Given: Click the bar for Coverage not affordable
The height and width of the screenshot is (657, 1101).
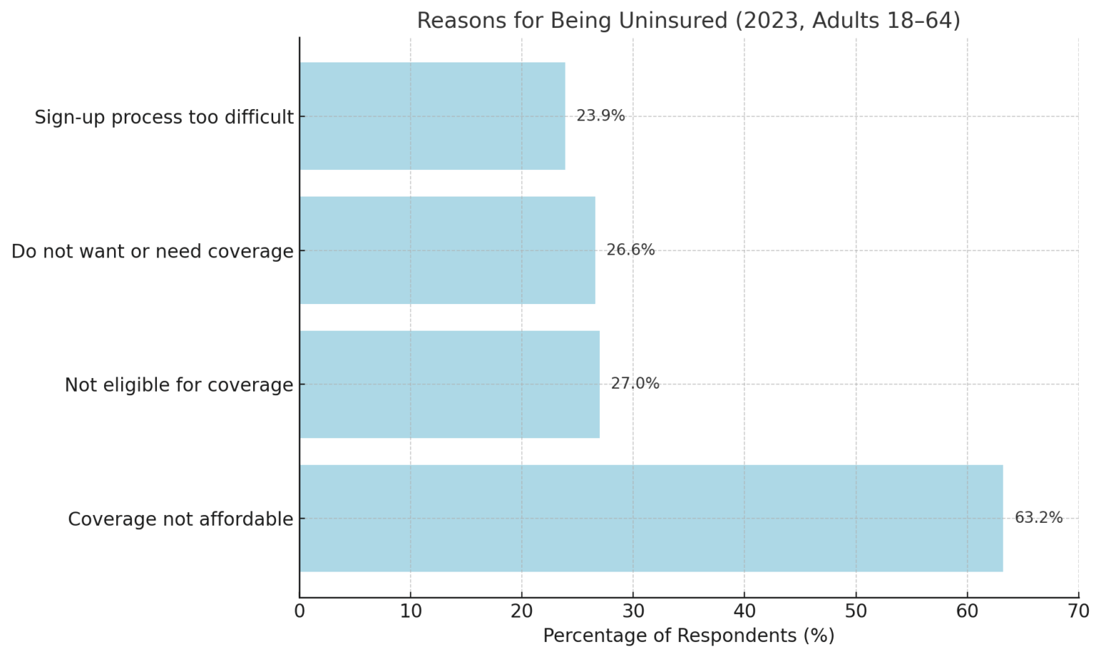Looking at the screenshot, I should (x=651, y=518).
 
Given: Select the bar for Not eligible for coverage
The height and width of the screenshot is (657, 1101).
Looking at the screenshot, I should (x=449, y=384).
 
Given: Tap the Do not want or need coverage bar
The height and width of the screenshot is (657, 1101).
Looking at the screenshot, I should (x=447, y=250).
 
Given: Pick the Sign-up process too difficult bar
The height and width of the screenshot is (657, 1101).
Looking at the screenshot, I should (x=432, y=116).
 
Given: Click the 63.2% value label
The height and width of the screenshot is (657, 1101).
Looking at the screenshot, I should (x=1039, y=518).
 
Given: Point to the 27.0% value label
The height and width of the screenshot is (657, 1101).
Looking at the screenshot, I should (x=635, y=384).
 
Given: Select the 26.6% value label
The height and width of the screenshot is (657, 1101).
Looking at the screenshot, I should (x=631, y=250).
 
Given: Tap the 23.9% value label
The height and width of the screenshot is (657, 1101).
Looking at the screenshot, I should (x=601, y=116).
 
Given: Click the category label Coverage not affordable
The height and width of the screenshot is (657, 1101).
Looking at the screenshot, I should (x=181, y=519).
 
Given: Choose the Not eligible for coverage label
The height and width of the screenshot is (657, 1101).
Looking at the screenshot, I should (x=179, y=385).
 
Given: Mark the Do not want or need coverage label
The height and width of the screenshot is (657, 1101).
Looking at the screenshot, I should (x=153, y=252).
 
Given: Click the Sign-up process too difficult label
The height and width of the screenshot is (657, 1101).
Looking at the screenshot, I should (x=164, y=117).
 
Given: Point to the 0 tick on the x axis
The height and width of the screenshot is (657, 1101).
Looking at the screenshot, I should (x=300, y=611).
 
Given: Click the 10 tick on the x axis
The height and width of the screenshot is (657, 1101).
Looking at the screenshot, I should (x=411, y=611).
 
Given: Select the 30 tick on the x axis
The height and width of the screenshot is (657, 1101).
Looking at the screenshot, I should (x=633, y=611).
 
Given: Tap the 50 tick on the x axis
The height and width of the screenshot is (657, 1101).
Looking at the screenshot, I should (x=856, y=611).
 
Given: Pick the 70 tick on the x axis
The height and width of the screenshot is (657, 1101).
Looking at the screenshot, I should (x=1078, y=611).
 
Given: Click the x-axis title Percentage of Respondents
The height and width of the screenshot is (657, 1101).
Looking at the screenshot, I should (x=688, y=636).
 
